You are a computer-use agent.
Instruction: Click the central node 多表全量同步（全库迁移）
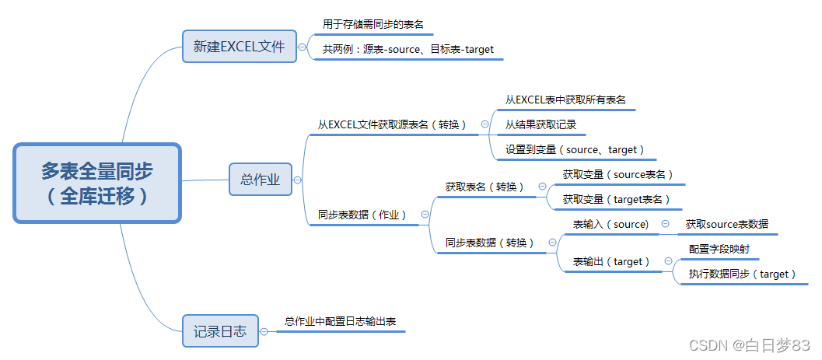pyautogui.click(x=97, y=183)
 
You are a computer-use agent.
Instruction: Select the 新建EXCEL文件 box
pyautogui.click(x=240, y=47)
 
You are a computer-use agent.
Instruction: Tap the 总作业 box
pyautogui.click(x=260, y=179)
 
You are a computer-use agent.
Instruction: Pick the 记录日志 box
pyautogui.click(x=220, y=331)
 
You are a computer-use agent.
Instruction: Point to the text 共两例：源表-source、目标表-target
pyautogui.click(x=408, y=49)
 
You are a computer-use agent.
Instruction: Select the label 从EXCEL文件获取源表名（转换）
pyautogui.click(x=393, y=124)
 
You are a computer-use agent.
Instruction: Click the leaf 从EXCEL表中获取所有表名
pyautogui.click(x=565, y=100)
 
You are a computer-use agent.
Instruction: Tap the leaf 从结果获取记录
pyautogui.click(x=540, y=124)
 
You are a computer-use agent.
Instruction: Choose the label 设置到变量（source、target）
pyautogui.click(x=575, y=149)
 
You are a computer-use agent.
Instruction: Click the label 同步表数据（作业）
pyautogui.click(x=362, y=215)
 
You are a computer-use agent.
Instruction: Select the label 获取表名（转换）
pyautogui.click(x=484, y=187)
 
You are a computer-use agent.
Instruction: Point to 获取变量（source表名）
pyautogui.click(x=618, y=174)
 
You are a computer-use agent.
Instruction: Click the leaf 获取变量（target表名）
pyautogui.click(x=617, y=199)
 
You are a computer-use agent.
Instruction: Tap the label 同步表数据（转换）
pyautogui.click(x=490, y=243)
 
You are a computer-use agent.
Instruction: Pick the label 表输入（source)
pyautogui.click(x=610, y=224)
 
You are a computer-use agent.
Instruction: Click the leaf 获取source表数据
pyautogui.click(x=726, y=224)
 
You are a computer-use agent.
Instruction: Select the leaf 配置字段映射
pyautogui.click(x=719, y=249)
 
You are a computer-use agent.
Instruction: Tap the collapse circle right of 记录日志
pyautogui.click(x=264, y=331)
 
